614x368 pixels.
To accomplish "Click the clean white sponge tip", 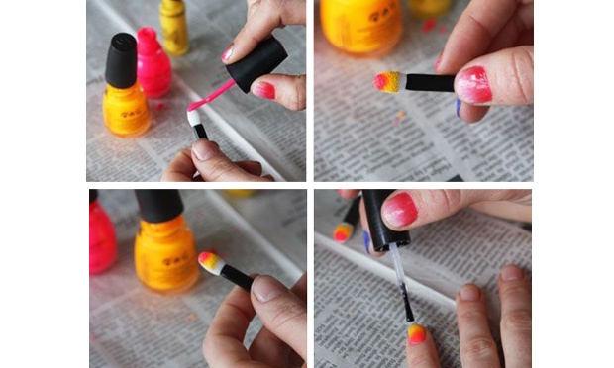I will click(193, 118).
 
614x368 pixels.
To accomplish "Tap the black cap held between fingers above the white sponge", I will click(256, 62).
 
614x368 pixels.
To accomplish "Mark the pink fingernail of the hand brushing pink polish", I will click(264, 90).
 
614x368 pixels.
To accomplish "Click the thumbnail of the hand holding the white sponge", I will click(205, 150).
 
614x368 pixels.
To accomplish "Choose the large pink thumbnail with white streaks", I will click(472, 84).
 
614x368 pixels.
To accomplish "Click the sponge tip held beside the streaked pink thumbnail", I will click(388, 81).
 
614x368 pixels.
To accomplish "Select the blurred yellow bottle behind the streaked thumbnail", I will click(361, 25).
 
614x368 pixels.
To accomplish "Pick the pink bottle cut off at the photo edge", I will click(102, 237).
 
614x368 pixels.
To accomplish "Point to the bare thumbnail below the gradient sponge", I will click(265, 289).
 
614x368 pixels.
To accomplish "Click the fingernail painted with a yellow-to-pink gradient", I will click(417, 333).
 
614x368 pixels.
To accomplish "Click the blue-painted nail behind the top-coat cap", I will click(367, 240).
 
